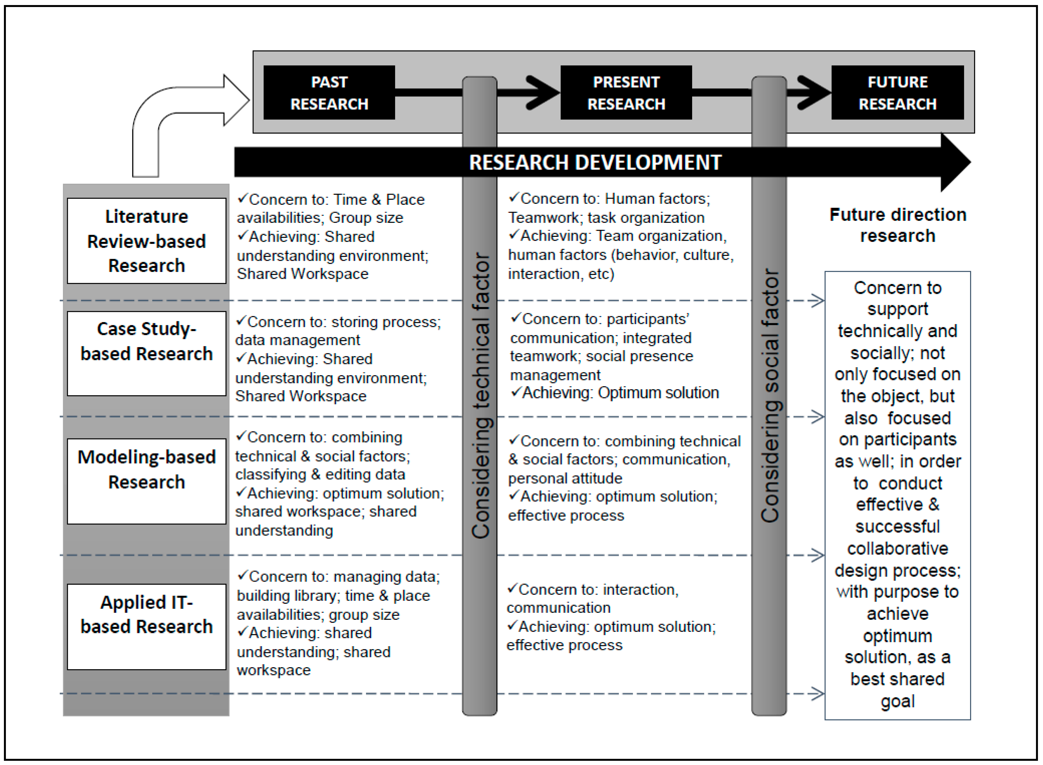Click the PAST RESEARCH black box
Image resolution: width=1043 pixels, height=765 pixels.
coord(329,93)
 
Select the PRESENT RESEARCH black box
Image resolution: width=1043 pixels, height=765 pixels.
coord(626,93)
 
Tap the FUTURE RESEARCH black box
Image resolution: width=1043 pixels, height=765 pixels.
coord(897,93)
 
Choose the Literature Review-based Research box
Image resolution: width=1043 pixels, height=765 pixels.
coord(146,241)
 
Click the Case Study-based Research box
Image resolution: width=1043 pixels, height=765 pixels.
coord(146,353)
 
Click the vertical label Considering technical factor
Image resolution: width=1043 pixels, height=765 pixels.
coord(480,396)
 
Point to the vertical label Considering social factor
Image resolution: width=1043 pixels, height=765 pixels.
coord(770,396)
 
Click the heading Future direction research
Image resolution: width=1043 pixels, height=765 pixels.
coord(897,225)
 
